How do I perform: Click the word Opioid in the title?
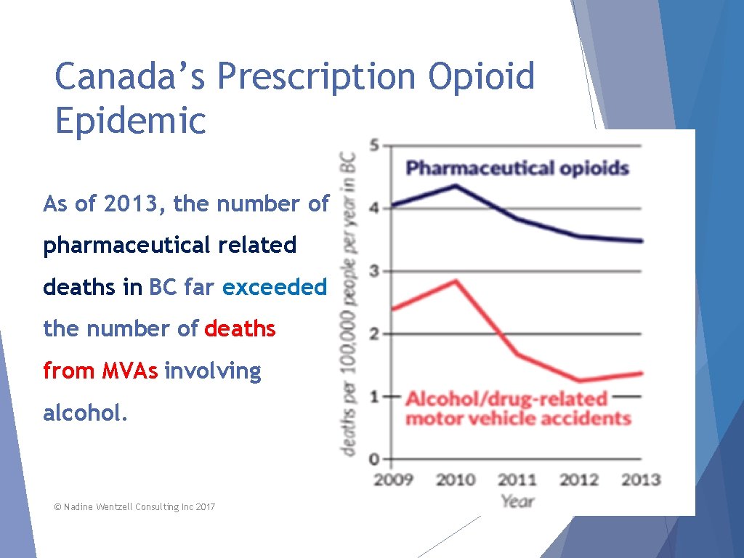pyautogui.click(x=481, y=76)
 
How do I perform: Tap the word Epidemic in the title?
pyautogui.click(x=131, y=121)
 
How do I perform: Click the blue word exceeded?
pyautogui.click(x=275, y=288)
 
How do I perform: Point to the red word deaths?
pyautogui.click(x=240, y=329)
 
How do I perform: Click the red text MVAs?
pyautogui.click(x=129, y=371)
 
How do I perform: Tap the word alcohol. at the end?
pyautogui.click(x=86, y=413)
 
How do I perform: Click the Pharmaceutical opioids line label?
pyautogui.click(x=517, y=169)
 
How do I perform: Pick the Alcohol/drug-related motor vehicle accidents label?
pyautogui.click(x=517, y=408)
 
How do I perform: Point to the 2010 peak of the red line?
pyautogui.click(x=456, y=280)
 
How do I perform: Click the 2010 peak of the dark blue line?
pyautogui.click(x=456, y=185)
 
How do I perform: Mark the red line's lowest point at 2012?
pyautogui.click(x=580, y=381)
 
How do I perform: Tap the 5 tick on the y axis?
pyautogui.click(x=374, y=145)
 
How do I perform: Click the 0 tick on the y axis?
pyautogui.click(x=374, y=459)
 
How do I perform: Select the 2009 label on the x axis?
pyautogui.click(x=393, y=480)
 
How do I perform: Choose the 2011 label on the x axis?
pyautogui.click(x=517, y=480)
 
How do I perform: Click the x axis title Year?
pyautogui.click(x=517, y=501)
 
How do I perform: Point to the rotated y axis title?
pyautogui.click(x=349, y=304)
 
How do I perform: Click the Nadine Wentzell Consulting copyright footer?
pyautogui.click(x=134, y=506)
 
